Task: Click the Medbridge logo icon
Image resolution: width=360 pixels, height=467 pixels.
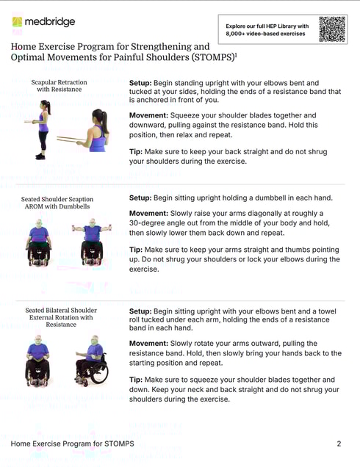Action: pos(17,22)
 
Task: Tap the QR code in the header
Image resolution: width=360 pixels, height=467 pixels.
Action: pos(331,29)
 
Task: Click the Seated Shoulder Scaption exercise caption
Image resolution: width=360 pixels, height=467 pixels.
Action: pos(57,203)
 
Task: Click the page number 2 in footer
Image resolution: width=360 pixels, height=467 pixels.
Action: pos(339,444)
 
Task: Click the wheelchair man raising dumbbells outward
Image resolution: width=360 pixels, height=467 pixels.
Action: pos(91,242)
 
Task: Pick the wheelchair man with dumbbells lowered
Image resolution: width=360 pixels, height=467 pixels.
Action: pos(39,243)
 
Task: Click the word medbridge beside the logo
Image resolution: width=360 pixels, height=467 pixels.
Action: pos(49,22)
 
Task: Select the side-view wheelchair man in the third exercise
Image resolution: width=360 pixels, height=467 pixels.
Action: pos(90,360)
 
